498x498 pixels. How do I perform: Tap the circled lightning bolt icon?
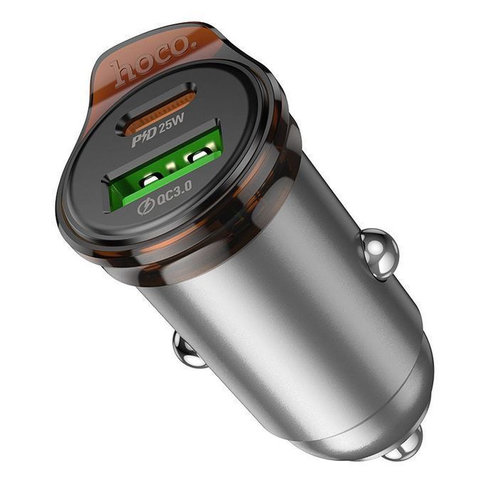146,207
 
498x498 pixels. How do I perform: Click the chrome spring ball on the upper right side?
378,253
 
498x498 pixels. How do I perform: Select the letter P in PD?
138,141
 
